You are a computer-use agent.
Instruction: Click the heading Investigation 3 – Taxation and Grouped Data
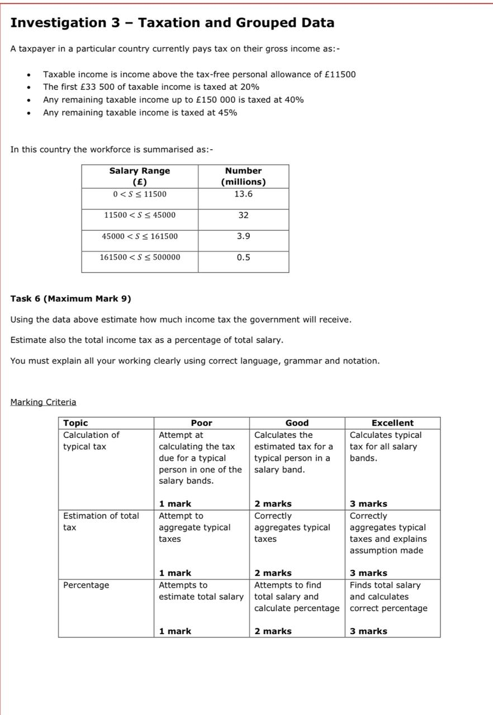point(172,23)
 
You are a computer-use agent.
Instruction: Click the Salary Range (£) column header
point(140,176)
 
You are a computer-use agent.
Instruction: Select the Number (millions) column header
point(243,176)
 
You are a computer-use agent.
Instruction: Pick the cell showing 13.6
point(243,194)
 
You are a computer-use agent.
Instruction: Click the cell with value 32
point(243,215)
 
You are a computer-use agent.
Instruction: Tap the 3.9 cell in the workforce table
point(243,236)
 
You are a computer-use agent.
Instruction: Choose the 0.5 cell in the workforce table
point(243,258)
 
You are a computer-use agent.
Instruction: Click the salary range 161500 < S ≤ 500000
point(140,258)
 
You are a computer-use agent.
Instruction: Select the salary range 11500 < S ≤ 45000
point(140,215)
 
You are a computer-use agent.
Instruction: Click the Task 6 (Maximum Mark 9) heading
point(70,299)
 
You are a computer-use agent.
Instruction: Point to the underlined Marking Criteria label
point(43,402)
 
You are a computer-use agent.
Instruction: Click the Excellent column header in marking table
point(392,423)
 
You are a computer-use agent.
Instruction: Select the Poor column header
point(201,423)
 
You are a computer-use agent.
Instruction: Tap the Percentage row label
point(86,585)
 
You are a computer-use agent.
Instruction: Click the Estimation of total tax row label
point(101,521)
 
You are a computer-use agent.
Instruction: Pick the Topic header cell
point(75,423)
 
